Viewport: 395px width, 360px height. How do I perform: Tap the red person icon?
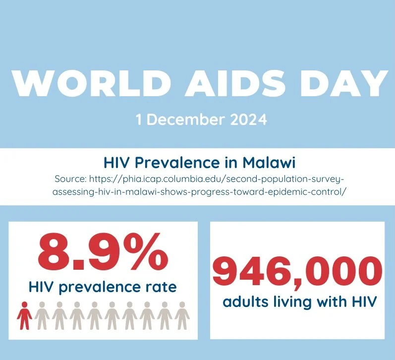click(24, 315)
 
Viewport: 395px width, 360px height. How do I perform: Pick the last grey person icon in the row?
click(182, 315)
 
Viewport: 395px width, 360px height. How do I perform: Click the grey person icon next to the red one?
click(42, 315)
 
